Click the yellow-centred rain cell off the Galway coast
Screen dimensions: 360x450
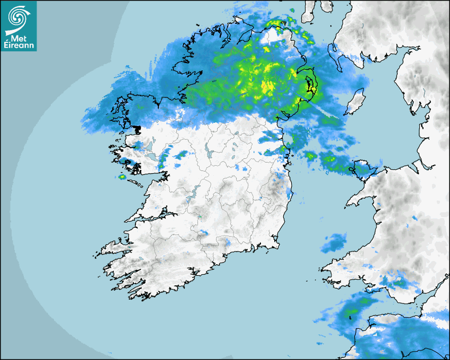[x=122, y=177]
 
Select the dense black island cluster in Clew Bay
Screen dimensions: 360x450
[x=137, y=129]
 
